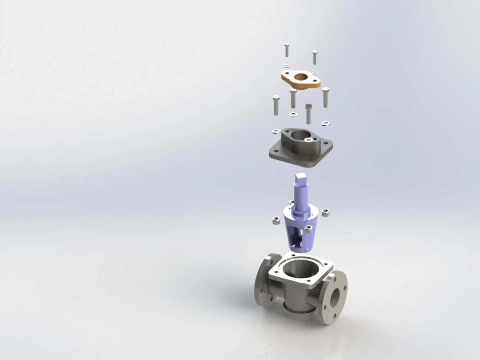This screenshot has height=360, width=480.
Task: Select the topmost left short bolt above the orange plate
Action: (286, 49)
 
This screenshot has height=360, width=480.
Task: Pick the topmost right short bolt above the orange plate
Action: (315, 57)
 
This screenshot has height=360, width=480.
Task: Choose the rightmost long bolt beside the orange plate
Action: (325, 96)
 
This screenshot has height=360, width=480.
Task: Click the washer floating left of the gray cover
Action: (276, 131)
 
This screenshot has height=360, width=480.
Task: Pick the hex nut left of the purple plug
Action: (276, 220)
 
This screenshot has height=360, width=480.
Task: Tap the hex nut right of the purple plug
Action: (324, 211)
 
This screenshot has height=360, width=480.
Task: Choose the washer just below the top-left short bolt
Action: (287, 65)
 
